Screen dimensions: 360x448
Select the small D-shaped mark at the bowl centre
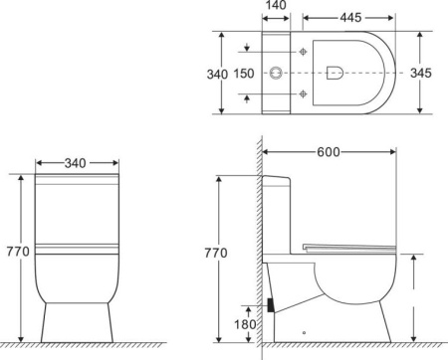tap(335, 71)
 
